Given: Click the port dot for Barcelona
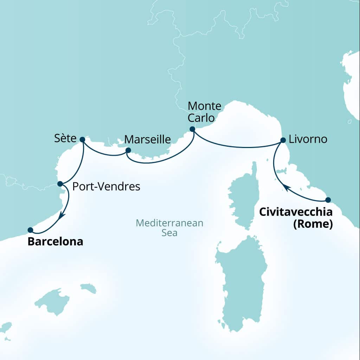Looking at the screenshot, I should [x=30, y=230].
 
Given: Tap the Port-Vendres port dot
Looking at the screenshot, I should [x=60, y=184].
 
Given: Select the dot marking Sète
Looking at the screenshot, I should [x=82, y=139].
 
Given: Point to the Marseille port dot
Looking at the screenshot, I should [x=128, y=150].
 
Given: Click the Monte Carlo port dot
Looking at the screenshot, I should [x=192, y=129].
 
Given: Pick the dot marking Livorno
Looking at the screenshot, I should [x=283, y=140].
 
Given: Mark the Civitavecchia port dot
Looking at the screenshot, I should [x=328, y=200].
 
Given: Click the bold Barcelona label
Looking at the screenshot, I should [x=56, y=242].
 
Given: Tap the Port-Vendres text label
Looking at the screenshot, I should [x=106, y=187].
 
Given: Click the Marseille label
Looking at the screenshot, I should [x=148, y=140].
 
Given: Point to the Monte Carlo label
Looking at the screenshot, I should [x=205, y=111].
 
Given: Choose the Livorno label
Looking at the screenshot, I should [x=308, y=140].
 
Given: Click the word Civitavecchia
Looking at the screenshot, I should [x=296, y=212].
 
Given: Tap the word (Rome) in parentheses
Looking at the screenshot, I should [x=313, y=224].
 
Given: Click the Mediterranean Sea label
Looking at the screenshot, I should [x=169, y=228].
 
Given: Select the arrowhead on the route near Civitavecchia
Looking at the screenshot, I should [x=287, y=189].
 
